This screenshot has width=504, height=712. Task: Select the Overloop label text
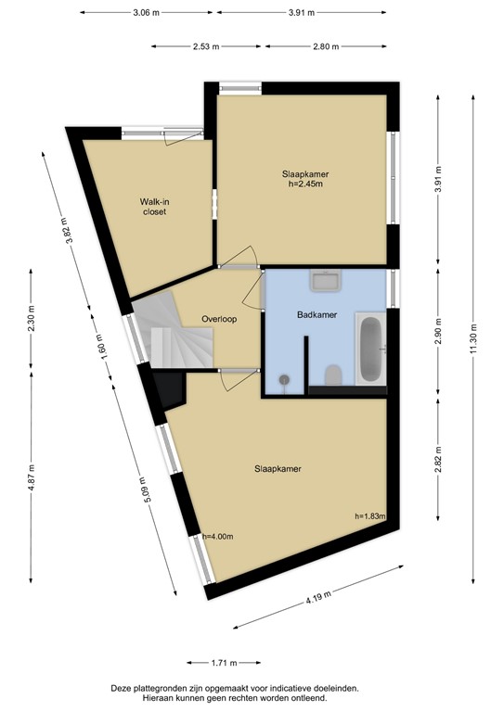[219, 319]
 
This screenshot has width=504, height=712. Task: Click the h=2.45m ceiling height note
[305, 184]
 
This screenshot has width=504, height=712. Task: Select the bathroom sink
[327, 280]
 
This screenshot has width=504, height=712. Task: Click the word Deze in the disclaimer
[122, 689]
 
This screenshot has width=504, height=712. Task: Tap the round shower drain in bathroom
[285, 378]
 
